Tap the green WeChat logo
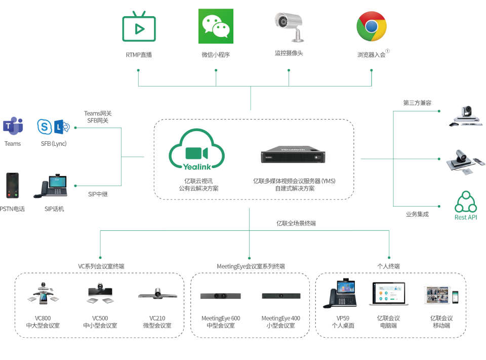click(x=216, y=26)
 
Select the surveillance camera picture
click(x=289, y=26)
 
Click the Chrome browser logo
click(x=372, y=26)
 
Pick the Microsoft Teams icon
click(x=13, y=126)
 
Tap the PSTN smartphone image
click(x=12, y=185)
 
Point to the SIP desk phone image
click(x=51, y=187)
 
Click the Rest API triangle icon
click(x=466, y=202)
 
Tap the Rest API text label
click(x=466, y=217)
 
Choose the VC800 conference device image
click(x=43, y=294)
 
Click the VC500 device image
click(x=100, y=294)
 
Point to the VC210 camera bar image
click(x=157, y=294)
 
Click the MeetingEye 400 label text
click(x=280, y=318)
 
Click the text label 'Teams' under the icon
click(x=13, y=144)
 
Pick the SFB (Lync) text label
click(x=54, y=144)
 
